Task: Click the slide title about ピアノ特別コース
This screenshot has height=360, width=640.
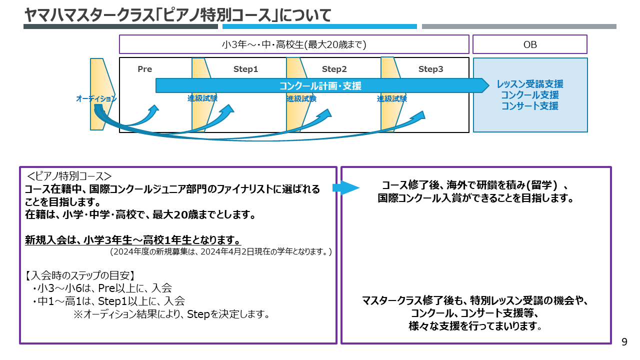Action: pyautogui.click(x=178, y=15)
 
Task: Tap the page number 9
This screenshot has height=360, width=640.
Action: pyautogui.click(x=624, y=342)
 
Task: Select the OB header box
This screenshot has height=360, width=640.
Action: pyautogui.click(x=529, y=44)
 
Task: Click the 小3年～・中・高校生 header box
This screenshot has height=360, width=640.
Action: pyautogui.click(x=294, y=44)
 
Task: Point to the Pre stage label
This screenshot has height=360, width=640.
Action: pyautogui.click(x=144, y=69)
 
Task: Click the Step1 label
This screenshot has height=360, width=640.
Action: pyautogui.click(x=245, y=69)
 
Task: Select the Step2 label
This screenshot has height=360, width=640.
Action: pyautogui.click(x=334, y=69)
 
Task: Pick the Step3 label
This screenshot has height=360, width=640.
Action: pyautogui.click(x=430, y=69)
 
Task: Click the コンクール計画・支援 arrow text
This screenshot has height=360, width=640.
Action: pyautogui.click(x=320, y=86)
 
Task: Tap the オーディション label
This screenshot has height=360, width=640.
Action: pyautogui.click(x=96, y=99)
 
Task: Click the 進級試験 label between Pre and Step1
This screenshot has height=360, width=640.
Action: pyautogui.click(x=202, y=98)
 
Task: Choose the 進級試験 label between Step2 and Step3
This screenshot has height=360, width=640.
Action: pyautogui.click(x=392, y=99)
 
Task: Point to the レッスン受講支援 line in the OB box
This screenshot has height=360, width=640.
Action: pyautogui.click(x=530, y=84)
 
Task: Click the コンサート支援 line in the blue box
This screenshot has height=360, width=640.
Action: pyautogui.click(x=530, y=106)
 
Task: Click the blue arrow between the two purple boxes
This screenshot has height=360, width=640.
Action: pyautogui.click(x=345, y=188)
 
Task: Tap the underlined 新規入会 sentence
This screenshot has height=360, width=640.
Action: pyautogui.click(x=133, y=240)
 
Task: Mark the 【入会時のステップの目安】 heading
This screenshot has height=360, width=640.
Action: pyautogui.click(x=80, y=275)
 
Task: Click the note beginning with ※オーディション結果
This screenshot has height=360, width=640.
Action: pyautogui.click(x=172, y=314)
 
